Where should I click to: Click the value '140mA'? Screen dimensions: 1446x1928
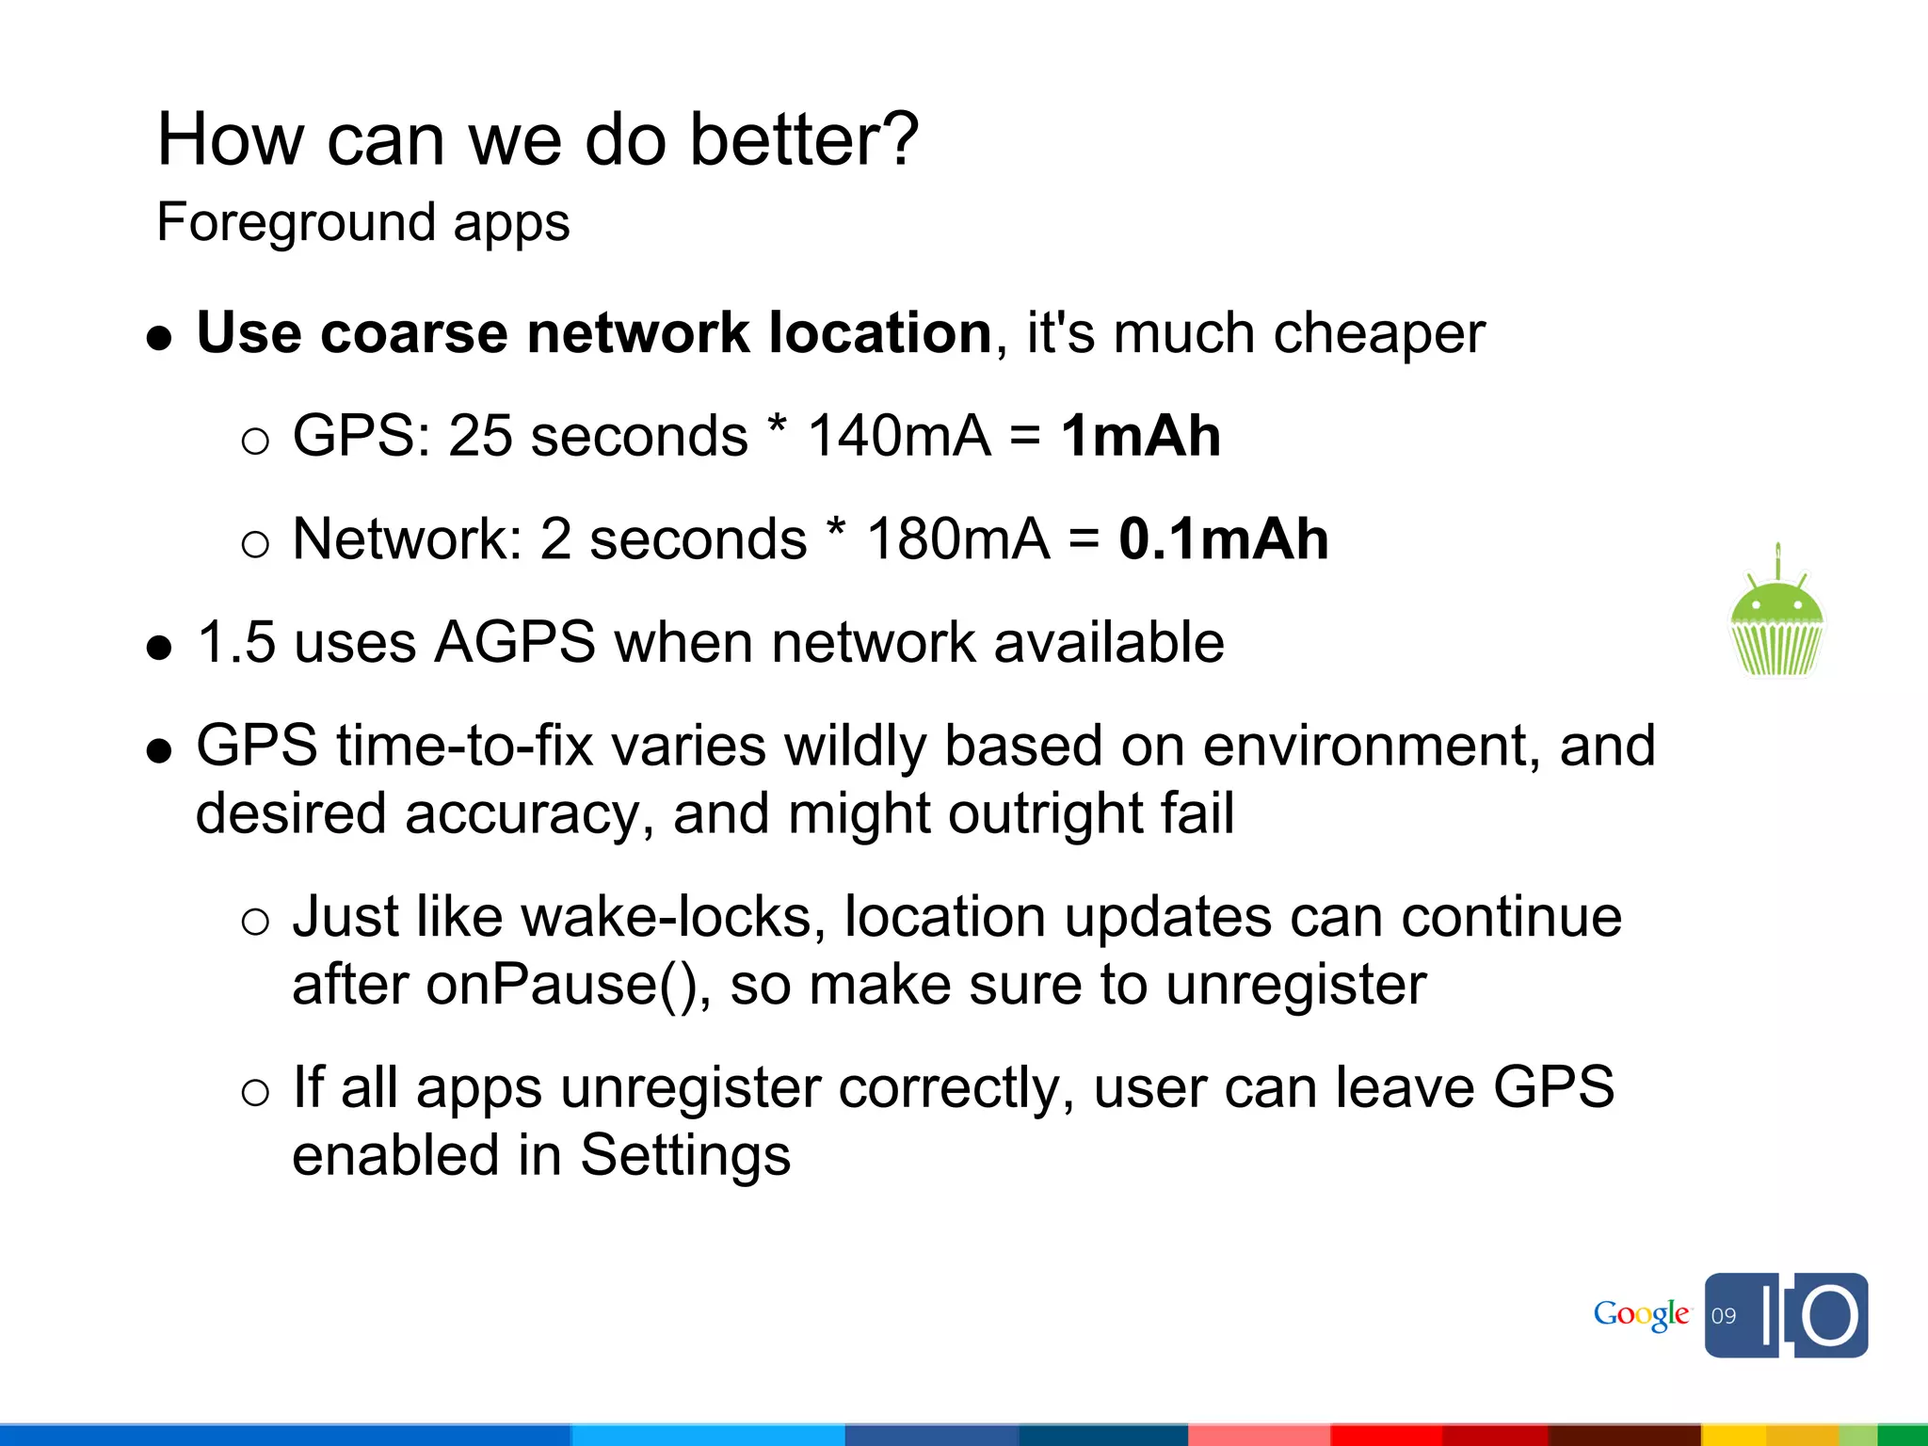tap(899, 436)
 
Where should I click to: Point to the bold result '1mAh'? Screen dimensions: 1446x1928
tap(1140, 436)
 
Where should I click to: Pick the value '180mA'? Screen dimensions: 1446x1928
tap(957, 539)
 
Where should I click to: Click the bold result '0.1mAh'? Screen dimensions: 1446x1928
tap(1223, 539)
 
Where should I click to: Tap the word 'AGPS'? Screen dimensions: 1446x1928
tap(514, 643)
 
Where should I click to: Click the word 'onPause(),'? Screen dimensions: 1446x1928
tap(569, 985)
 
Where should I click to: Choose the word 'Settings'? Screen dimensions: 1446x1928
tap(685, 1155)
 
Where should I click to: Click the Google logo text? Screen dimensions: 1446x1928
tap(1641, 1314)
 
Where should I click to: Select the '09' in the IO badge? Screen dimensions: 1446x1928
tap(1724, 1316)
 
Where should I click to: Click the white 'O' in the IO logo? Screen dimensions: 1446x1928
tap(1830, 1315)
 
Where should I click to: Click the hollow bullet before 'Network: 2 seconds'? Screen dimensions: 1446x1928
tap(255, 544)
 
